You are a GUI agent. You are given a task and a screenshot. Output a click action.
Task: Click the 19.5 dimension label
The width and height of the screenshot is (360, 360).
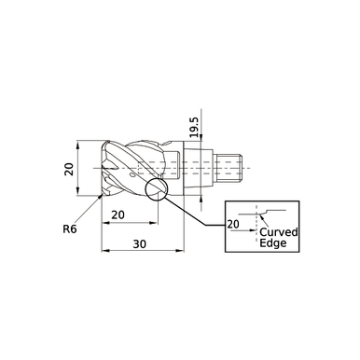[x=194, y=127]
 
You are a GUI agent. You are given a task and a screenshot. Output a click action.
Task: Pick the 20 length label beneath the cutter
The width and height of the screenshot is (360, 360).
[x=118, y=214]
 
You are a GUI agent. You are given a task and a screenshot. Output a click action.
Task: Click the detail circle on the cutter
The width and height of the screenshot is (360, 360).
[x=156, y=189]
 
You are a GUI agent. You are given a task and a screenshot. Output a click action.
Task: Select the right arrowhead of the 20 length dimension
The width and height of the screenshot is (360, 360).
[x=155, y=223]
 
